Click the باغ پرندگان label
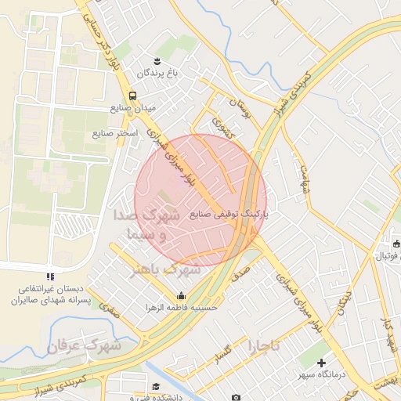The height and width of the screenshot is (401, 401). [160, 74]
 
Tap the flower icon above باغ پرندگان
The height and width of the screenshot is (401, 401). [157, 60]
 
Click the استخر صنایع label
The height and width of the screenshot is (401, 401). [115, 134]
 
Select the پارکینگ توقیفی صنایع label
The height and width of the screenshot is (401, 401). [229, 214]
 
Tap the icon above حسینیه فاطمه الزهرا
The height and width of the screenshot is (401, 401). [182, 295]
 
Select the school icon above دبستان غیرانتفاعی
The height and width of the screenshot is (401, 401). [51, 276]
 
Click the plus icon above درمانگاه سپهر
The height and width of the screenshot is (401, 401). [322, 363]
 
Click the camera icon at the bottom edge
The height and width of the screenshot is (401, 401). [237, 397]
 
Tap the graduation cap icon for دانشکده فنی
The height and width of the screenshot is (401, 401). [156, 387]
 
